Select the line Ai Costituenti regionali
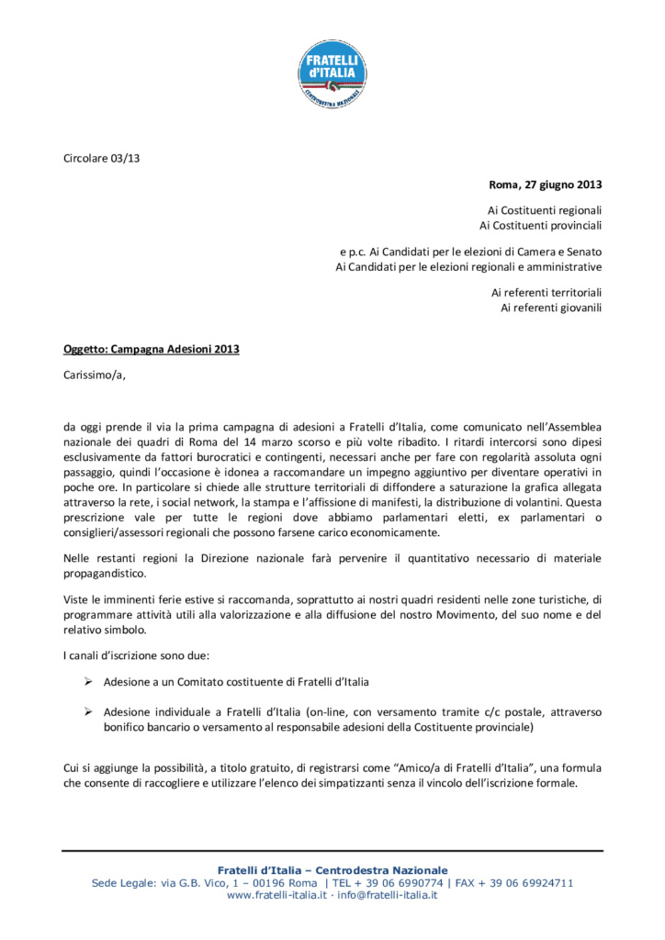click(545, 210)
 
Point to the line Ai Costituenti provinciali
click(541, 225)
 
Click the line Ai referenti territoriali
click(547, 293)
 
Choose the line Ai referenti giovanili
click(551, 308)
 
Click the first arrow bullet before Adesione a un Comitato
click(88, 682)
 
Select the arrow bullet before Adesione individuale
click(88, 711)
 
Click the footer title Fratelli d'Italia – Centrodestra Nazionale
click(332, 869)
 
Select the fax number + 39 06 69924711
click(529, 883)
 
